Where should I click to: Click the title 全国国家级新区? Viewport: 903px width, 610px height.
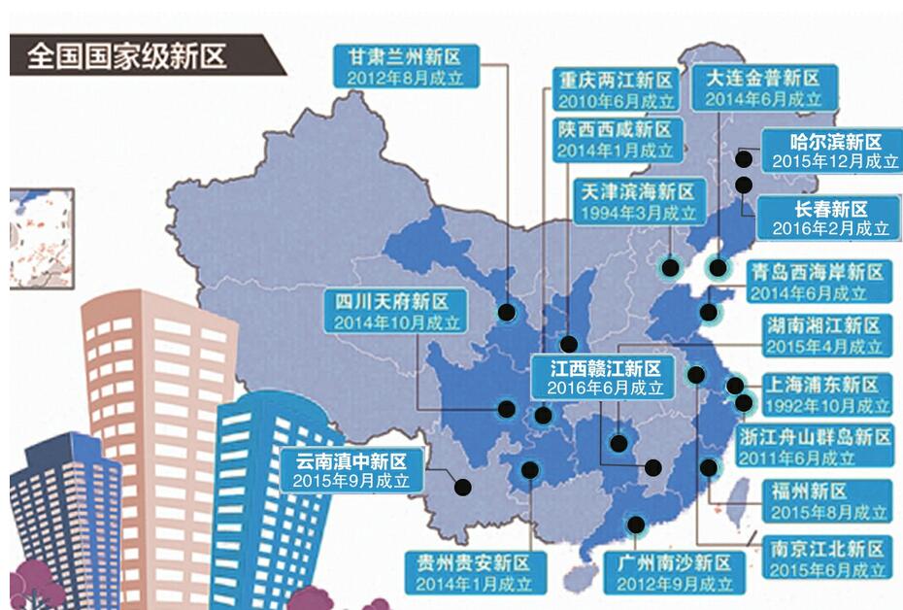(127, 55)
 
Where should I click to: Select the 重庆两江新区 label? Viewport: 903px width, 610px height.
(614, 80)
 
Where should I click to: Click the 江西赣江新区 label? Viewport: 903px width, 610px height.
(605, 369)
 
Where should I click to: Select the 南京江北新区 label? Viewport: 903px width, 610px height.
(822, 547)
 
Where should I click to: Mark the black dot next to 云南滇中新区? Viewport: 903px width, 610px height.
(462, 486)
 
